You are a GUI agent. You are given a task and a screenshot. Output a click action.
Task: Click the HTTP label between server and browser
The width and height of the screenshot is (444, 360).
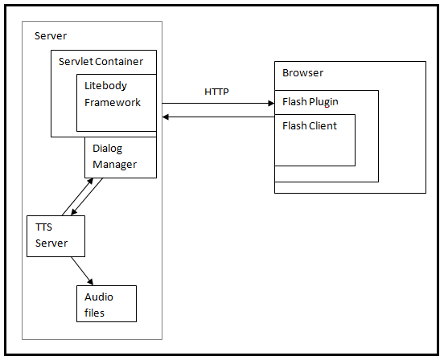[216, 92]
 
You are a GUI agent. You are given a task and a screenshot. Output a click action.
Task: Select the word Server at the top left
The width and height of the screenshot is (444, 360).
[51, 36]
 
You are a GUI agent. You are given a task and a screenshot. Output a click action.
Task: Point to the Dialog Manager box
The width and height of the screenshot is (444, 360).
[120, 157]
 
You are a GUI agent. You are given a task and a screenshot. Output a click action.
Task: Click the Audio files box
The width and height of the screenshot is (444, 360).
[106, 304]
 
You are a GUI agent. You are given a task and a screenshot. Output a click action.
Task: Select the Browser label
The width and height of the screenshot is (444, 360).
[302, 73]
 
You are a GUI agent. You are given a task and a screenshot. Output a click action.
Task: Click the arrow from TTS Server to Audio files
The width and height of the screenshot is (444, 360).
[81, 271]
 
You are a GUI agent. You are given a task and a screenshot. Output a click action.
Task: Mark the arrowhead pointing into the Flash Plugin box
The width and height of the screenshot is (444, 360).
[271, 103]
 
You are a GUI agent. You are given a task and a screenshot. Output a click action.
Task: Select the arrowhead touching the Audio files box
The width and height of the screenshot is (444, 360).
[91, 282]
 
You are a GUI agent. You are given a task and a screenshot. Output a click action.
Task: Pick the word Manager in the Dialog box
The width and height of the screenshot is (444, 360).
[114, 165]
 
